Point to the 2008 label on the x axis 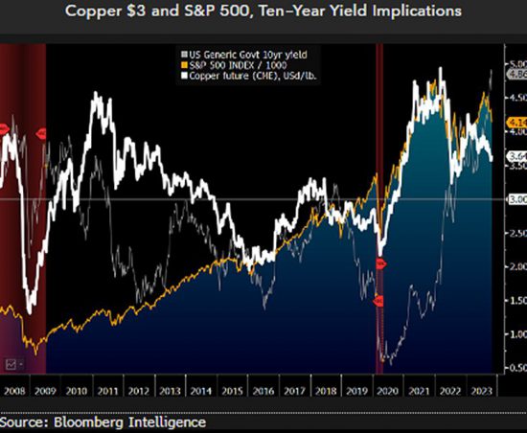(16, 391)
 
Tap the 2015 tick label (232, 391)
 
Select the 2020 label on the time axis (388, 391)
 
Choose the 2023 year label (481, 391)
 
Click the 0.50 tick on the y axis (516, 368)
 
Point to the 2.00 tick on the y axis (516, 266)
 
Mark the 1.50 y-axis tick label (516, 300)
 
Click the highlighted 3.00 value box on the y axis (516, 198)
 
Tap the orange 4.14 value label (516, 122)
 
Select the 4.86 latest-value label (516, 73)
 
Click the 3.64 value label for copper (516, 155)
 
